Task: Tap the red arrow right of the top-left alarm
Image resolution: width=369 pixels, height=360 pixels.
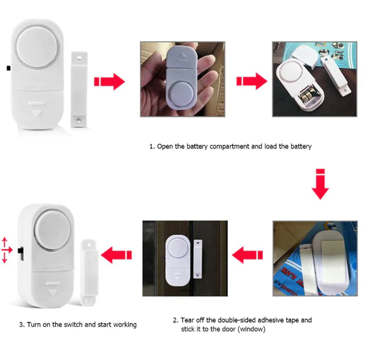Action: coord(109,81)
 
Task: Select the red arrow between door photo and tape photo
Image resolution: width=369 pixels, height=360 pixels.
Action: coord(247,255)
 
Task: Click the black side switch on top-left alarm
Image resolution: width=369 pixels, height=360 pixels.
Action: coord(9,68)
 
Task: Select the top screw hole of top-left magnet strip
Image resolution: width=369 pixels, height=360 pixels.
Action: coord(79,58)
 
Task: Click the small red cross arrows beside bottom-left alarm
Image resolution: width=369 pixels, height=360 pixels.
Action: coord(6,249)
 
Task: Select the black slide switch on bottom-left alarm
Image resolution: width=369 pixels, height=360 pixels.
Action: coord(20,250)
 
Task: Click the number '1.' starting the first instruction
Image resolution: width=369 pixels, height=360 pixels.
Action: coord(152,146)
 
